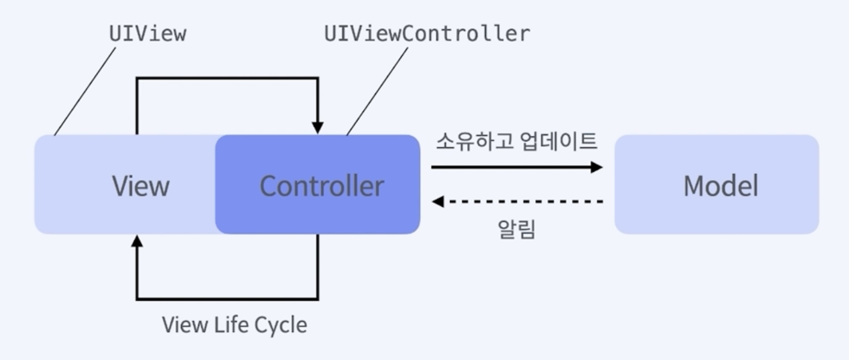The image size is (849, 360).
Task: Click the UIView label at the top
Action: tap(147, 34)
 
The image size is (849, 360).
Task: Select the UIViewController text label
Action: tap(427, 34)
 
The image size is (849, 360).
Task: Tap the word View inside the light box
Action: tap(141, 186)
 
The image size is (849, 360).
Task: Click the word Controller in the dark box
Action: tap(321, 186)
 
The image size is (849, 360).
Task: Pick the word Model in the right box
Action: tap(720, 186)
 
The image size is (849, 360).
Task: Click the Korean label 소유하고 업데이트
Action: tap(516, 141)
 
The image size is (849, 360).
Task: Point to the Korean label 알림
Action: tap(516, 229)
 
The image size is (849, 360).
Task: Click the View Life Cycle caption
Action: tap(235, 325)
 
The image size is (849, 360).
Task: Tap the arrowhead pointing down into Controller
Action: tap(318, 128)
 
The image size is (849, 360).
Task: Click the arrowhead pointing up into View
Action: tap(137, 241)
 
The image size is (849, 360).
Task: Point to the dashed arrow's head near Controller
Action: tap(438, 202)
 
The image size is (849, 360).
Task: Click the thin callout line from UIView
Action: tap(85, 92)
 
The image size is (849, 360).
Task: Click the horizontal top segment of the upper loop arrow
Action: tap(227, 79)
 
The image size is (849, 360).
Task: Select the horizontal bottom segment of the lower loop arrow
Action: tap(227, 299)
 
